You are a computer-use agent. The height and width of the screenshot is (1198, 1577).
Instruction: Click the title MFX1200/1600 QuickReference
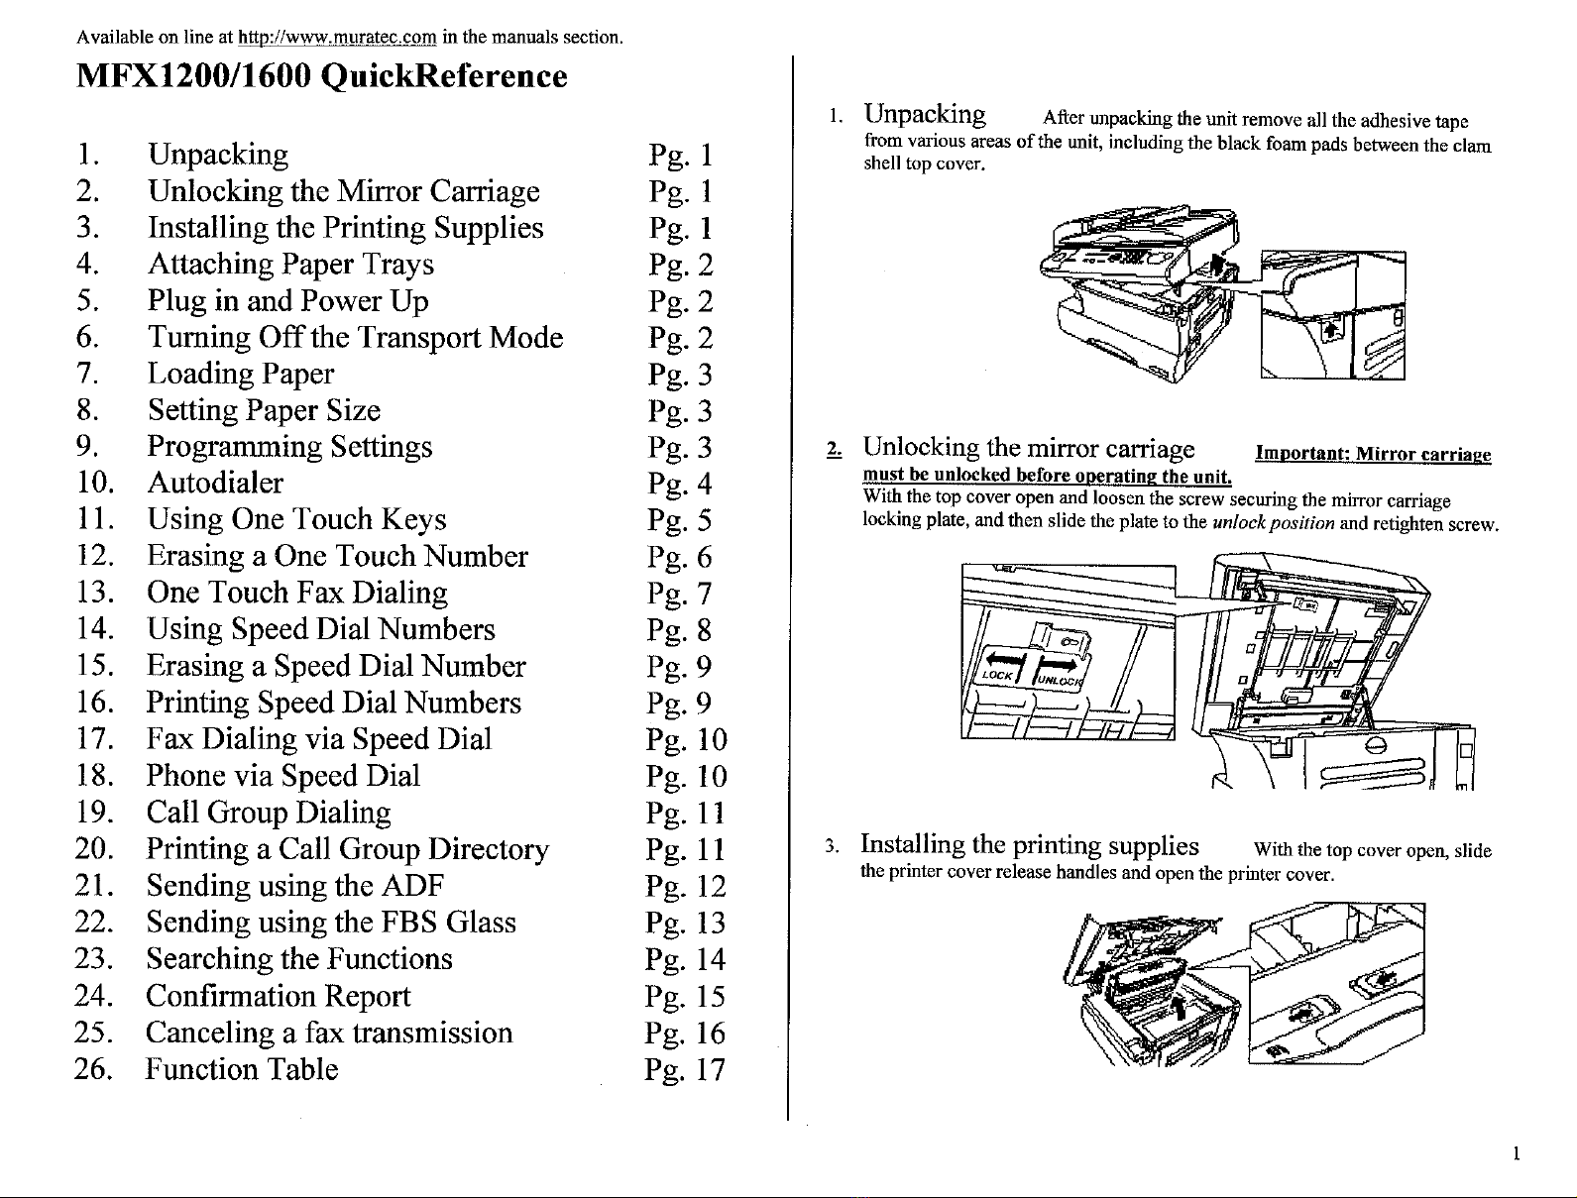(x=322, y=76)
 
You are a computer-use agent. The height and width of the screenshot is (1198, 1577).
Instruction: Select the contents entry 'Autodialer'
(x=215, y=484)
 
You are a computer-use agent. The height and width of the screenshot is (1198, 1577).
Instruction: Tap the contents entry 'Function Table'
(x=242, y=1070)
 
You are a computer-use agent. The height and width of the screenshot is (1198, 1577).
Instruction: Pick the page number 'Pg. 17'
(x=684, y=1070)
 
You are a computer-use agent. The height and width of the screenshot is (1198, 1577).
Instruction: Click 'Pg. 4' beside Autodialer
(x=679, y=485)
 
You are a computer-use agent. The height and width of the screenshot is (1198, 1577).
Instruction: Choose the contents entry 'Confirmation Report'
(x=278, y=997)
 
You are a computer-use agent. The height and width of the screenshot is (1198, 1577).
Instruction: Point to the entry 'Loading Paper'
(x=241, y=375)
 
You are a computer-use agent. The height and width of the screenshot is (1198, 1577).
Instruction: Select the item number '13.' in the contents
(x=96, y=594)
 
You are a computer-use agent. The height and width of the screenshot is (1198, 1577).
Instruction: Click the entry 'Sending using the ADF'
(x=294, y=886)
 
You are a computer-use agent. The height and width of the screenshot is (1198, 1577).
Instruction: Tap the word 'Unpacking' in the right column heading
(x=925, y=116)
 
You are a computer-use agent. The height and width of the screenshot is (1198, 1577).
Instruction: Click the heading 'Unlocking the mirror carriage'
(x=1029, y=449)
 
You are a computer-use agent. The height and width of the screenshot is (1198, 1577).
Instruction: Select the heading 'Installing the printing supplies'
(x=1030, y=845)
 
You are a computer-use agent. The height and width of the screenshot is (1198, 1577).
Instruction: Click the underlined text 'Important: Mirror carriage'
(x=1373, y=455)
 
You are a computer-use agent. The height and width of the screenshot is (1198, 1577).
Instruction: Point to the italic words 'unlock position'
(x=1273, y=522)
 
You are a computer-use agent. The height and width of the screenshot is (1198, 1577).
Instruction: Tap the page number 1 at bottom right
(x=1517, y=1153)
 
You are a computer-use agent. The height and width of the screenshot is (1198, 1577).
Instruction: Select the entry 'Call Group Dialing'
(x=269, y=814)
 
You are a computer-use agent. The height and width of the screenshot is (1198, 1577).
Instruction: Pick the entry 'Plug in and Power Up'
(x=287, y=301)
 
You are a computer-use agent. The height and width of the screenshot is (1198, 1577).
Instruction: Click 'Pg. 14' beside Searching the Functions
(x=684, y=960)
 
